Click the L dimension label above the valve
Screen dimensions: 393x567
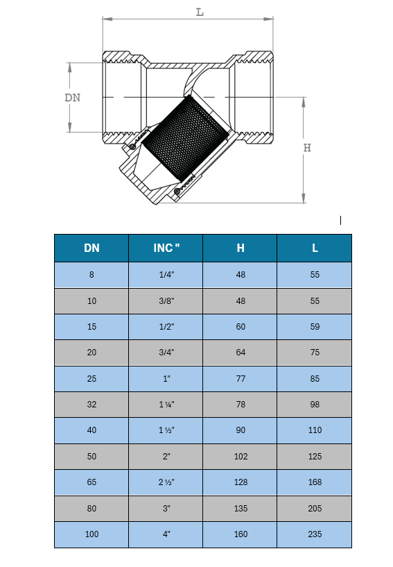(200, 12)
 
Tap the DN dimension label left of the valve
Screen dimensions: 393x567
(72, 98)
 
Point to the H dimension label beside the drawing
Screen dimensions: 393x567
(307, 148)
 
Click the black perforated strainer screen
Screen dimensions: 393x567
(185, 138)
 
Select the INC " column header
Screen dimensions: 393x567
(166, 248)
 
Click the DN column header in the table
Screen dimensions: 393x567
(91, 248)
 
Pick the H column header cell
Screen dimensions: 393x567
(241, 248)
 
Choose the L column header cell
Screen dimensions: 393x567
(315, 248)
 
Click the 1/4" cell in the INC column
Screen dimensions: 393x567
(166, 274)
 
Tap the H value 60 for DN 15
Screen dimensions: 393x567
(241, 327)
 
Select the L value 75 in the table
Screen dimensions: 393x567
(315, 352)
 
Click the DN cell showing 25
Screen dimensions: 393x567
(91, 379)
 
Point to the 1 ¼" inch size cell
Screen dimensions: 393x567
(166, 405)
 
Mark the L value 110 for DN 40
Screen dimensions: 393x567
(315, 430)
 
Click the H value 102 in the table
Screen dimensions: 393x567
(241, 457)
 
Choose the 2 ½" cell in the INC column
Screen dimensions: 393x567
(166, 482)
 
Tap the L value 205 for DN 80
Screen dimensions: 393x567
(315, 509)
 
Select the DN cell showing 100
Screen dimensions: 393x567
(91, 534)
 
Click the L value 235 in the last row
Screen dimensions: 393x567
(315, 534)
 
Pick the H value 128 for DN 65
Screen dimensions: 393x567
(241, 482)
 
